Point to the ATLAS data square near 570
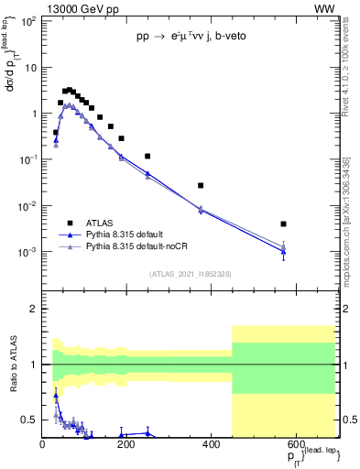tap(284, 224)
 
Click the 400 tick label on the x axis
tap(212, 444)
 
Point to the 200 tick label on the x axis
tap(127, 444)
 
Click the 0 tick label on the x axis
tap(43, 444)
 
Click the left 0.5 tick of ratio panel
tap(32, 420)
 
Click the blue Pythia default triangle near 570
tap(284, 251)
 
